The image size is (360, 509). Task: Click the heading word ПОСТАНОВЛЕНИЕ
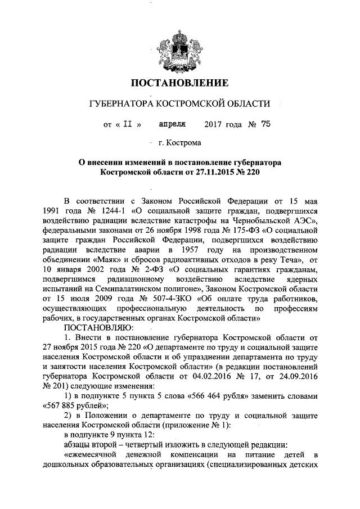[x=179, y=84]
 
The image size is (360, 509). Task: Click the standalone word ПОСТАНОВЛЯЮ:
[x=98, y=328]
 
